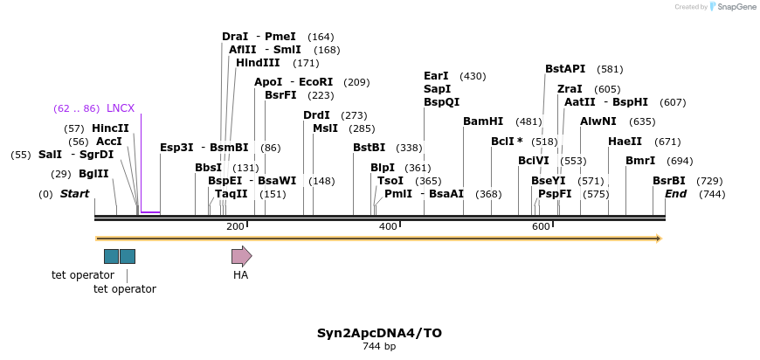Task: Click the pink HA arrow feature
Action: pos(241,256)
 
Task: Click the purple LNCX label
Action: pos(121,108)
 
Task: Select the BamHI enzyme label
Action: pos(483,121)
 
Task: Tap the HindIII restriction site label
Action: pos(258,63)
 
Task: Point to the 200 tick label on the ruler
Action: pos(235,226)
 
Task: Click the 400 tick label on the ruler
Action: pos(388,226)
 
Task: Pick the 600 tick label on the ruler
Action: pos(541,226)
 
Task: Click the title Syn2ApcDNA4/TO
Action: pos(379,333)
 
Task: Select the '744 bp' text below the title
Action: pos(379,347)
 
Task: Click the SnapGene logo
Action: pos(733,7)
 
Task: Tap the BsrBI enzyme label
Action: pos(669,181)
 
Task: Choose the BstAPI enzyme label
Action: pos(565,69)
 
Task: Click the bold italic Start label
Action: pos(74,194)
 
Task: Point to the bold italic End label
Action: pos(675,194)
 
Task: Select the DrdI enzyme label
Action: pos(316,115)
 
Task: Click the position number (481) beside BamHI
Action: pos(529,121)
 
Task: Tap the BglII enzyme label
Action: pos(93,174)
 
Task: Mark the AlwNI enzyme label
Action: pos(598,121)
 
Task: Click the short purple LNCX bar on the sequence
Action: pos(150,212)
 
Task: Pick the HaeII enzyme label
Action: pos(625,142)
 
